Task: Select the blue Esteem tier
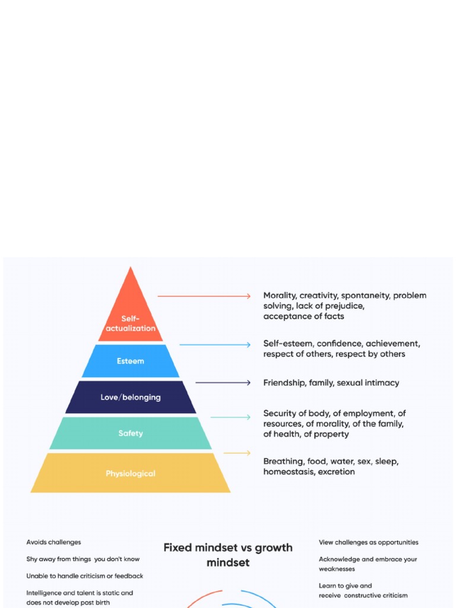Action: point(131,361)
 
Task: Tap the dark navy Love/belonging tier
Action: point(131,397)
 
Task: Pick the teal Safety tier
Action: point(131,433)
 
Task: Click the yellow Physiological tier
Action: point(131,473)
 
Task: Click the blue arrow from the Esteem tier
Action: point(215,344)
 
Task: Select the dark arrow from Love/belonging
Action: point(223,383)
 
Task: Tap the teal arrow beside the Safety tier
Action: point(230,417)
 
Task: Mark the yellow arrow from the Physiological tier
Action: point(237,453)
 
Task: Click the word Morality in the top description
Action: point(279,295)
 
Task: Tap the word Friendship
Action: point(284,383)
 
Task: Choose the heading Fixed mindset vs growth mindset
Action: point(228,555)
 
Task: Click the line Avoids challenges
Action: point(53,542)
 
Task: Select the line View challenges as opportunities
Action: point(368,542)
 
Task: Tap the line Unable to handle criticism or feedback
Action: point(84,576)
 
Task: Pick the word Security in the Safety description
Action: point(281,413)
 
